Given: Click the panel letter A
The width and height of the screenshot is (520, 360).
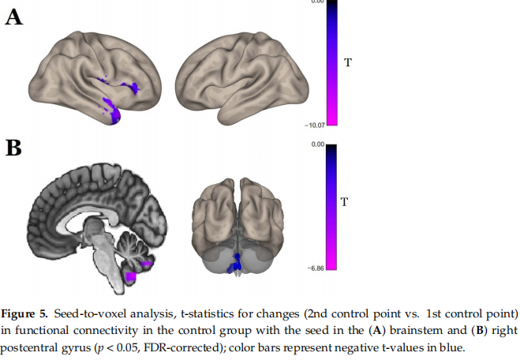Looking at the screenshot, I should (14, 16).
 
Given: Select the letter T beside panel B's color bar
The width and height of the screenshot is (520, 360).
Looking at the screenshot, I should (344, 202).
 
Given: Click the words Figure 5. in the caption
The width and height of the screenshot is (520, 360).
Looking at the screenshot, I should (28, 305).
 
